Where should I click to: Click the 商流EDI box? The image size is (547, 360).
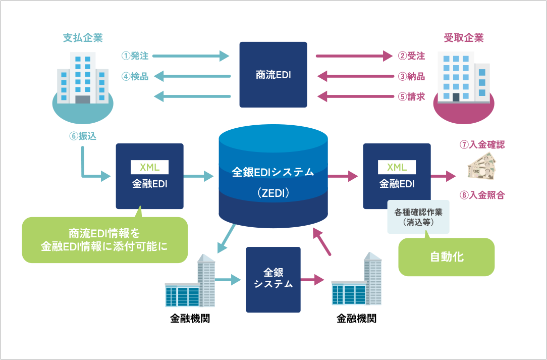pos(273,75)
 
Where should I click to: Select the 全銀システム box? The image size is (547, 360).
pos(273,279)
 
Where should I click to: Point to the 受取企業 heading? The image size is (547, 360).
pos(463,38)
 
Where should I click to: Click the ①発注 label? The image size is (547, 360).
pos(135,56)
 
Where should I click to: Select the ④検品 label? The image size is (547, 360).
pos(135,77)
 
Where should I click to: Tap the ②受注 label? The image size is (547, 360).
pos(411,56)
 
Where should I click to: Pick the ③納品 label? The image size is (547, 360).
pos(411,77)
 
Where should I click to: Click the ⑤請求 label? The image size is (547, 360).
pos(411,96)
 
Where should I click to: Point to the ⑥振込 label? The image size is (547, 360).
pos(82,136)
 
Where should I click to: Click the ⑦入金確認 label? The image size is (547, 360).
pos(482,144)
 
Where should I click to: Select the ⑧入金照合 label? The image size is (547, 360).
pos(482,195)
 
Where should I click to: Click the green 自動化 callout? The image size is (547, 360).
pos(446,257)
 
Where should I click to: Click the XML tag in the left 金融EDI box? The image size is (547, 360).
pos(149,167)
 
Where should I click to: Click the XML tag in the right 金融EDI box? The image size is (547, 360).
pos(397,167)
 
